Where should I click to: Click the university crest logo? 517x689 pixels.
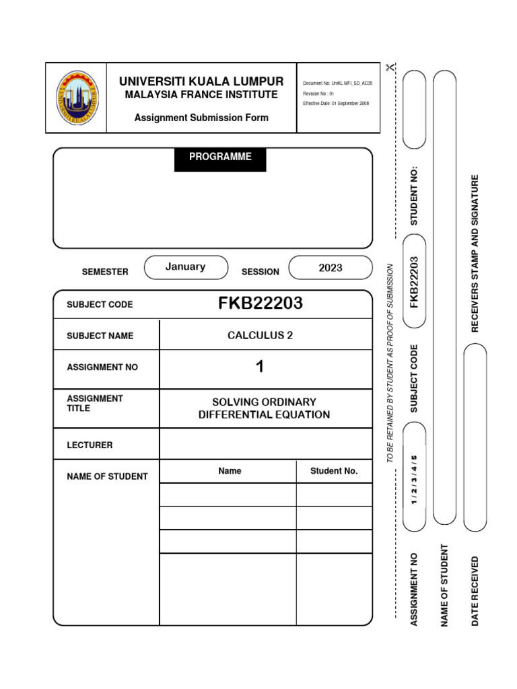(x=76, y=98)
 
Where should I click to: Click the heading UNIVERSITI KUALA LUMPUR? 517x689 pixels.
(x=201, y=81)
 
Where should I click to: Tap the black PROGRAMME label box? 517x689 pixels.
(x=220, y=157)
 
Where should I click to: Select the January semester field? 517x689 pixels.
(x=185, y=267)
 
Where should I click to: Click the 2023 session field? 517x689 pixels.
(x=331, y=268)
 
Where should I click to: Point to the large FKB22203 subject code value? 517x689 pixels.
(x=261, y=304)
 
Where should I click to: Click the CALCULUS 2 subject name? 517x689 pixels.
(x=261, y=336)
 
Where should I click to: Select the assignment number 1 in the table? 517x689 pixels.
(x=260, y=367)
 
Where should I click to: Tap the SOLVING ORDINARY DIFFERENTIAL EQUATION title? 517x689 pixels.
(x=264, y=408)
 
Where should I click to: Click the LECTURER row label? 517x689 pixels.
(x=90, y=445)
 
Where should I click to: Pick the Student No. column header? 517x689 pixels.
(x=334, y=471)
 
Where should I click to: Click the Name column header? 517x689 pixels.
(x=230, y=471)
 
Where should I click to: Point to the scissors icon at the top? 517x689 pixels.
(x=390, y=67)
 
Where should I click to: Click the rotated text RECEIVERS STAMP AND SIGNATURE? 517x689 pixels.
(x=475, y=254)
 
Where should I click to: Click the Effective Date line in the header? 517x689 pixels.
(x=336, y=104)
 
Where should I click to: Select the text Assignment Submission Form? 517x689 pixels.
(x=201, y=118)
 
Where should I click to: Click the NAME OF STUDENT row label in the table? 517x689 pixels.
(x=107, y=476)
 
